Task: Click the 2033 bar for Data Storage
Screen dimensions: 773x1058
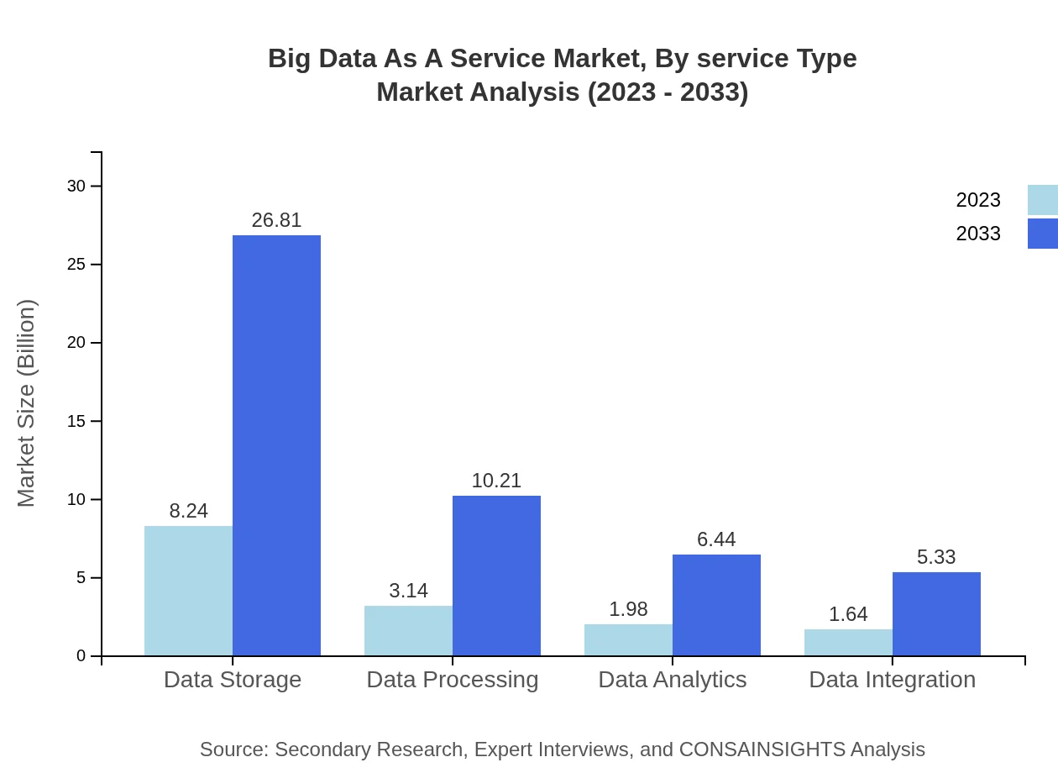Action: pos(276,445)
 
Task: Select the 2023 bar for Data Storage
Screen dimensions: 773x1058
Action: pos(188,591)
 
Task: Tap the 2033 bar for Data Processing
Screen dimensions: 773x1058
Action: pos(496,576)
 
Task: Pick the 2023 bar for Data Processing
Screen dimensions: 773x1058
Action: pos(408,630)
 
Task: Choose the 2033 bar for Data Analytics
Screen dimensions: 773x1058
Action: pos(716,605)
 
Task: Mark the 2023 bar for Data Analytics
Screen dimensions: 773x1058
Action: pos(628,639)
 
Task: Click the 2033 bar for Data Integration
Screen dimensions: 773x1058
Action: pos(936,613)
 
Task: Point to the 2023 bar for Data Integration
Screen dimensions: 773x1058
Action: pos(848,642)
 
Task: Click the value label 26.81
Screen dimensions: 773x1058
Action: pos(276,220)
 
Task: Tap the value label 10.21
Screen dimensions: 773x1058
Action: pos(496,481)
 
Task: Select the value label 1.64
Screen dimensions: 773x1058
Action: pos(848,614)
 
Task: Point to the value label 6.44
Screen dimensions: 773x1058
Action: pos(716,539)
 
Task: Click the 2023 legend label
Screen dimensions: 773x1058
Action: pos(978,200)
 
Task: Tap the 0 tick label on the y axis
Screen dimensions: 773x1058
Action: pos(81,656)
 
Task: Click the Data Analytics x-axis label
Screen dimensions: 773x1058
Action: pos(673,679)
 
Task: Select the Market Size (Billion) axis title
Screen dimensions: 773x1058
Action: pos(27,403)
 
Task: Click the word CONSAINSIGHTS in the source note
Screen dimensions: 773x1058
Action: pos(762,749)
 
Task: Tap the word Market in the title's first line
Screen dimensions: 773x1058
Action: pos(593,59)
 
